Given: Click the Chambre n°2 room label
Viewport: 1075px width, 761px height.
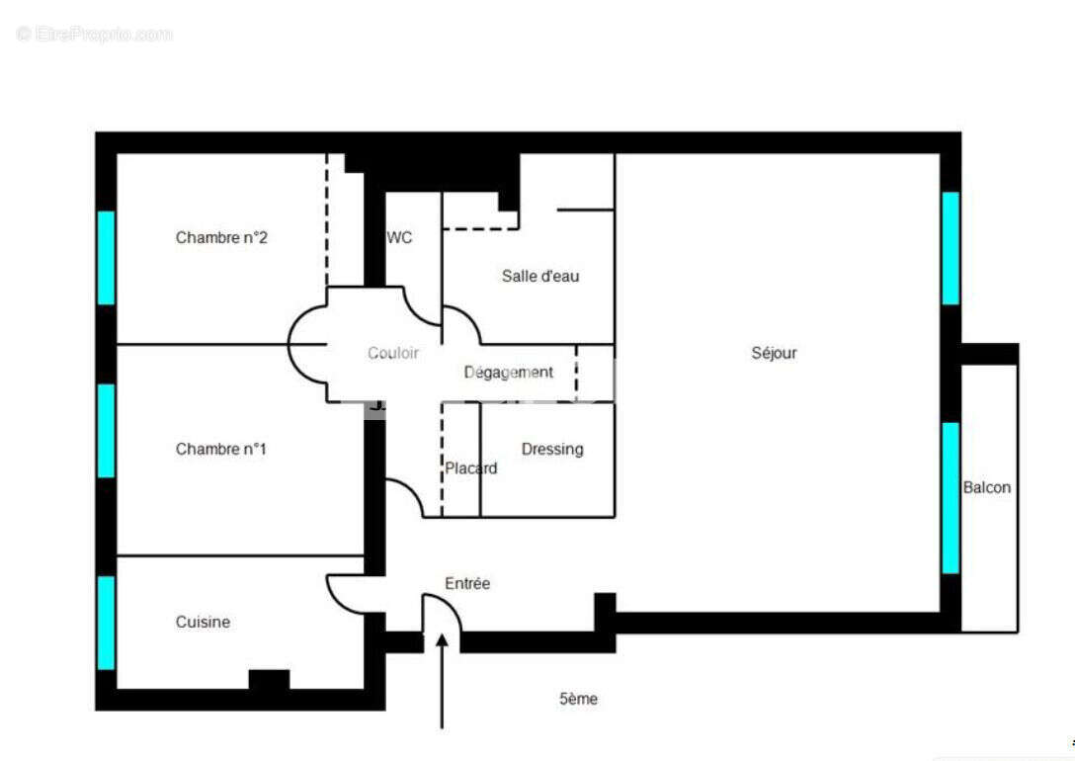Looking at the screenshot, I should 221,237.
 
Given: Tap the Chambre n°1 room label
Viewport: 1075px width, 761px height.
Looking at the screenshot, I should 221,449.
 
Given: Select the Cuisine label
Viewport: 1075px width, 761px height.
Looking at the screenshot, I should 203,622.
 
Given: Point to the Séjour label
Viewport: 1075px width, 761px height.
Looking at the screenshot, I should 774,353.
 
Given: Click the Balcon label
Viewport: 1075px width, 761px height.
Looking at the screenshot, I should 987,487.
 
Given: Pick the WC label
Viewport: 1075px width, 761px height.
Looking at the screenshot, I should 399,237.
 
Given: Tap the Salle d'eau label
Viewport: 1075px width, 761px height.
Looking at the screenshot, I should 540,276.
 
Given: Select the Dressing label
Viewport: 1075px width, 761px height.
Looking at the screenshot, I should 552,449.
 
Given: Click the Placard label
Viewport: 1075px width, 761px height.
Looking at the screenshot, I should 470,467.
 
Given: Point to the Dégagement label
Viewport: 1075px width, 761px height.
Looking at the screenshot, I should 509,372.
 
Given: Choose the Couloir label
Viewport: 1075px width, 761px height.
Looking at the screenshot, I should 393,353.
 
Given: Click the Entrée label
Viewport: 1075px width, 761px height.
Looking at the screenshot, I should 467,583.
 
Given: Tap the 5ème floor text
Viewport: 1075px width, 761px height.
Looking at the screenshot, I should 578,699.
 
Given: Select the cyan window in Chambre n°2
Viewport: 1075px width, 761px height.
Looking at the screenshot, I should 106,257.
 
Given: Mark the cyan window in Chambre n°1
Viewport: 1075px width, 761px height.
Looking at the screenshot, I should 106,430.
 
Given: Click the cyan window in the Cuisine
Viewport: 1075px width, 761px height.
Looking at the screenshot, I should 106,623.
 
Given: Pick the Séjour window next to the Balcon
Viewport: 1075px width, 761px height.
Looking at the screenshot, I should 951,497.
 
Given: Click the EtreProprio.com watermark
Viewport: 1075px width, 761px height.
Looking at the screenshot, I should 95,34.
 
